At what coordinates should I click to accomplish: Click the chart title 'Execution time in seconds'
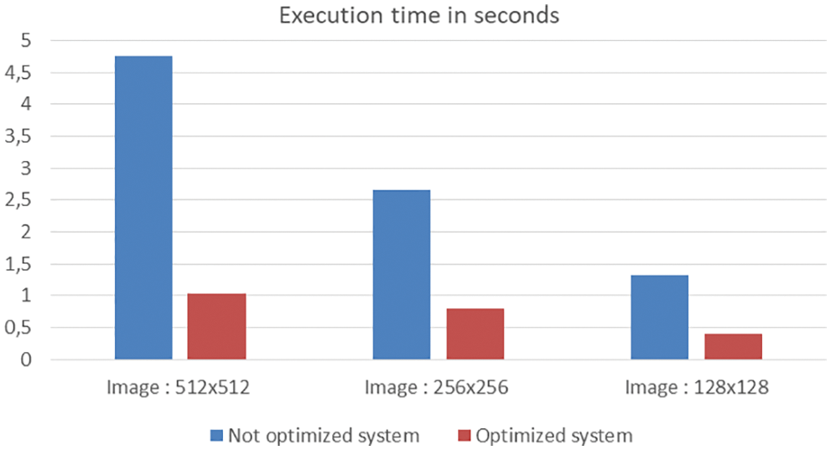tap(418, 15)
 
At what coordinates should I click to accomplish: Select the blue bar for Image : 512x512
tap(143, 208)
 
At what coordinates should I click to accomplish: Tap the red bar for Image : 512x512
tap(217, 327)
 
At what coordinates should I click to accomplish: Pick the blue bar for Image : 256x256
tap(402, 275)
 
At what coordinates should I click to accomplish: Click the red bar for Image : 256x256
tap(475, 334)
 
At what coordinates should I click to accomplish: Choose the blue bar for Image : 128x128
tap(659, 317)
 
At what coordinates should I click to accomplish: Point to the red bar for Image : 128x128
tap(733, 346)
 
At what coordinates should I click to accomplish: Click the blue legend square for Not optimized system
tap(216, 435)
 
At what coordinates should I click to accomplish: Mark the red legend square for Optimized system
tap(463, 435)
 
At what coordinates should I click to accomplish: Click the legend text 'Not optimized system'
tap(324, 435)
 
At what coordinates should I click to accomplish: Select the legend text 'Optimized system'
tap(553, 435)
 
